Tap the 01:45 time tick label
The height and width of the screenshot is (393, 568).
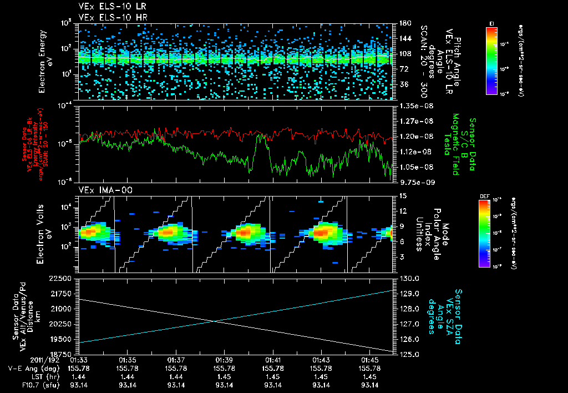[x=369, y=360]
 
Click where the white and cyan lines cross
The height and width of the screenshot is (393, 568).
[x=215, y=321]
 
